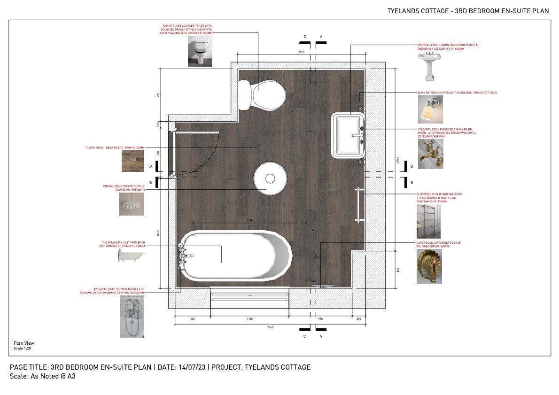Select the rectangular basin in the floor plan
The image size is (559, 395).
pyautogui.click(x=348, y=135)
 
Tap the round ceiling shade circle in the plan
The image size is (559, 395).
pyautogui.click(x=270, y=178)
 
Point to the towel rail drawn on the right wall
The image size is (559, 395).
pyautogui.click(x=359, y=204)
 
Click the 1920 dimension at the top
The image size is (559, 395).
pyautogui.click(x=302, y=52)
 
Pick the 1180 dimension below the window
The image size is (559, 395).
pyautogui.click(x=249, y=319)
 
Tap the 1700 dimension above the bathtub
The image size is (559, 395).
pyautogui.click(x=249, y=220)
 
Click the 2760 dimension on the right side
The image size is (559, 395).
pyautogui.click(x=398, y=160)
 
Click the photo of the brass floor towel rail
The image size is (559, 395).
pyautogui.click(x=428, y=221)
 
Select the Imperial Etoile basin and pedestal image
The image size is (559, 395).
pyautogui.click(x=429, y=66)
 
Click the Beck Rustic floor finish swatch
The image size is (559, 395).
pyautogui.click(x=132, y=161)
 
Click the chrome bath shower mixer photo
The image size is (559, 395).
pyautogui.click(x=132, y=316)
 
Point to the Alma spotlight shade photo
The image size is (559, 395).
pyautogui.click(x=430, y=109)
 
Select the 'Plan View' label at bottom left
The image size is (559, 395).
pyautogui.click(x=23, y=343)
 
